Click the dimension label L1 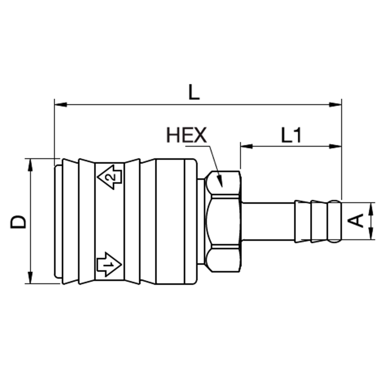pos(291,135)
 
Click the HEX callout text pos(186,135)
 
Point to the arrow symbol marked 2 pos(110,176)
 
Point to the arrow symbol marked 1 pos(109,264)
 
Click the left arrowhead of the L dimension pos(60,104)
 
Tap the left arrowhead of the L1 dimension pos(245,146)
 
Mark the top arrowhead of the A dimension pos(371,207)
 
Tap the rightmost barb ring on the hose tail pos(334,221)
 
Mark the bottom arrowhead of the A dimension pos(371,234)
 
